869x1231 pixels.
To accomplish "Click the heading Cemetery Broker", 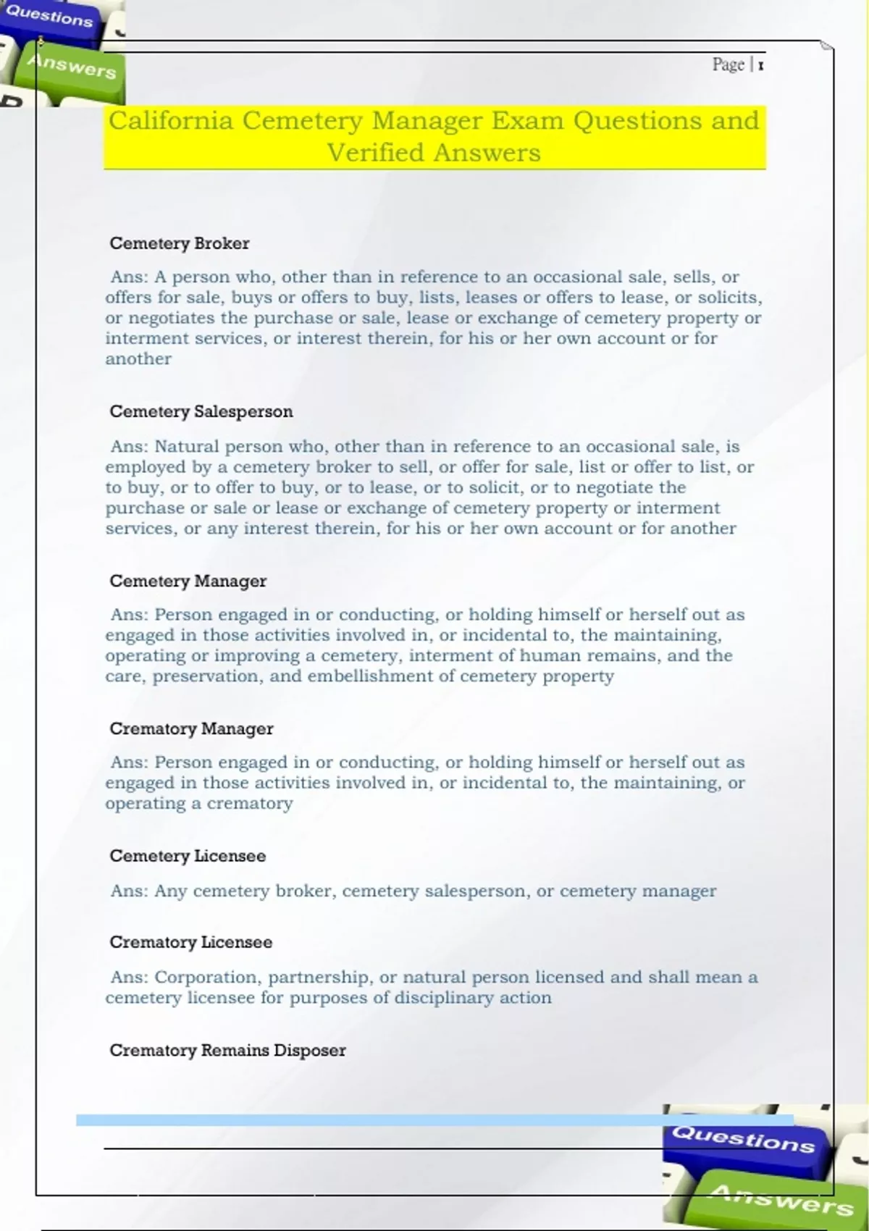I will point(179,243).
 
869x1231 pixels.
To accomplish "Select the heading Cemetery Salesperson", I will point(201,412).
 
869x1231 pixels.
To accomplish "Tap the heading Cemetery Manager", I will point(188,581).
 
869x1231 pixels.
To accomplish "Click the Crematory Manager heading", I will point(191,729).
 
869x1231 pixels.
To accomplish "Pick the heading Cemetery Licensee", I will point(188,856).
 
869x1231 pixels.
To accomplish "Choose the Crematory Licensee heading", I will point(190,942).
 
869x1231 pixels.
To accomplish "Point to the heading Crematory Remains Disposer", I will point(227,1051).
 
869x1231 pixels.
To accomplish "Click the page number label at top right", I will point(737,65).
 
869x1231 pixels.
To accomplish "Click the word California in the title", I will point(171,121).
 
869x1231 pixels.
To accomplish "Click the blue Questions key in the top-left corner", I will point(49,17).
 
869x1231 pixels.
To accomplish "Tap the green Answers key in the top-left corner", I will point(71,67).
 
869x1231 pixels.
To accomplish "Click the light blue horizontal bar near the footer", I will point(434,1120).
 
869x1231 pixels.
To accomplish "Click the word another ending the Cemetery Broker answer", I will point(138,359).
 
